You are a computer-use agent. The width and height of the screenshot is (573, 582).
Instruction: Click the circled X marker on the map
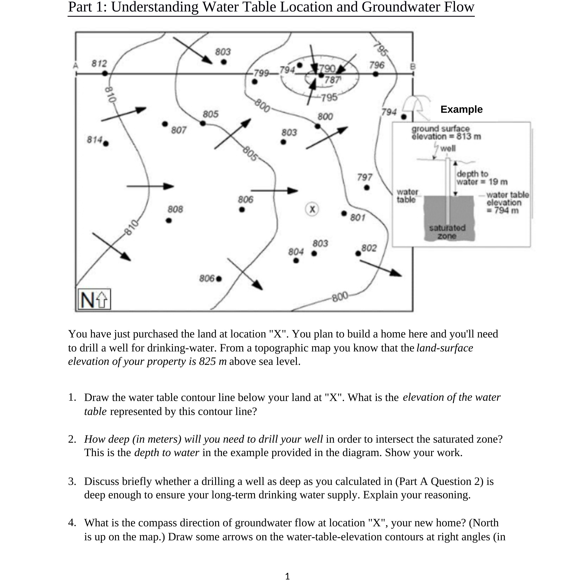312,209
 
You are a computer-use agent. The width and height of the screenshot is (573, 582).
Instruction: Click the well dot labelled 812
105,73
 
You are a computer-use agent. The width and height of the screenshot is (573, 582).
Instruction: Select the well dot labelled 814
106,144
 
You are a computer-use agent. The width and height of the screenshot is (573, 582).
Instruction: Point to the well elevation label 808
175,209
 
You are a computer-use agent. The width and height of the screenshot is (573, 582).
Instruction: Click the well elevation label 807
179,130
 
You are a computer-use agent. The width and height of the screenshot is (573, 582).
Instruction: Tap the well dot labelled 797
367,187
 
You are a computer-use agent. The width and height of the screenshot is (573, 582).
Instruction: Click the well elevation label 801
358,217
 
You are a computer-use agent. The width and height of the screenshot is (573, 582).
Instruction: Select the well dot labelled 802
358,254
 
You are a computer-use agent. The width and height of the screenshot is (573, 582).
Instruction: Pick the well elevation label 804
296,252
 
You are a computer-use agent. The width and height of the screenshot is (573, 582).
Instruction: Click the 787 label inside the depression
332,80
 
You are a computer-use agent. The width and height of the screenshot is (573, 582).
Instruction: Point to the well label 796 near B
377,65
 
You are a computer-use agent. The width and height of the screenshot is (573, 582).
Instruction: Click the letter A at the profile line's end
76,65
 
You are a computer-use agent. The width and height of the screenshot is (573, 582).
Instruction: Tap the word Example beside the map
461,109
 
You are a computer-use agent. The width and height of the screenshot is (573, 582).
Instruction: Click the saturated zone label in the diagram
447,232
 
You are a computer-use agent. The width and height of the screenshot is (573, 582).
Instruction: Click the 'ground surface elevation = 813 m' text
446,133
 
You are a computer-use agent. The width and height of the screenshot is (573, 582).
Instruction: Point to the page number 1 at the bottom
287,576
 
